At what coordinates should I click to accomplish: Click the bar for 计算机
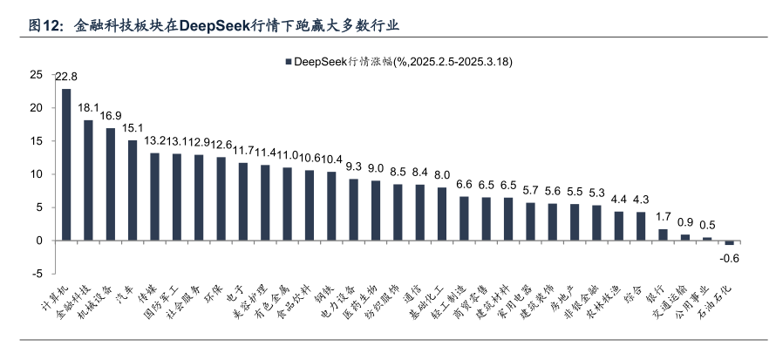pyautogui.click(x=66, y=165)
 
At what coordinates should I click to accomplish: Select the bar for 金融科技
pyautogui.click(x=88, y=180)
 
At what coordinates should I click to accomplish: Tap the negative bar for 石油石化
pyautogui.click(x=730, y=242)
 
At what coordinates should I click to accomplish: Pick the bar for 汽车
pyautogui.click(x=133, y=190)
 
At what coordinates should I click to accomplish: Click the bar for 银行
pyautogui.click(x=663, y=234)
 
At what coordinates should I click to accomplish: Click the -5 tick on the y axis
pyautogui.click(x=39, y=274)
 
